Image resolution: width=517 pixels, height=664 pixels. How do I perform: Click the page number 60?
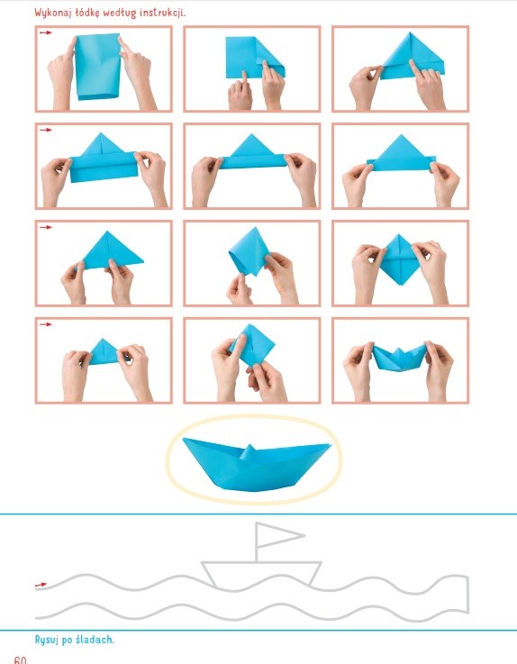click(x=20, y=659)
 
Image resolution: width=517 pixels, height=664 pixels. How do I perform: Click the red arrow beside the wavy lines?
click(x=41, y=585)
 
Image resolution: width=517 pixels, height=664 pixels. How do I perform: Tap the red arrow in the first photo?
click(x=45, y=32)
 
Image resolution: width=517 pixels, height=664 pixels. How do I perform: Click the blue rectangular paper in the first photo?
click(x=98, y=66)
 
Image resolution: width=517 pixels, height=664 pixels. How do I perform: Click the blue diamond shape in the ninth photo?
click(x=399, y=259)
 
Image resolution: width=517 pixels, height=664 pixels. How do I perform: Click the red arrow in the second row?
click(x=45, y=130)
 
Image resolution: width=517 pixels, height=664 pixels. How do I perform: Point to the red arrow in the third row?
click(x=45, y=227)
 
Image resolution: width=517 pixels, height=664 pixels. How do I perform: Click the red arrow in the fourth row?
click(x=45, y=324)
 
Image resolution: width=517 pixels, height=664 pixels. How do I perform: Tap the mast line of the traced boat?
click(x=256, y=542)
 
